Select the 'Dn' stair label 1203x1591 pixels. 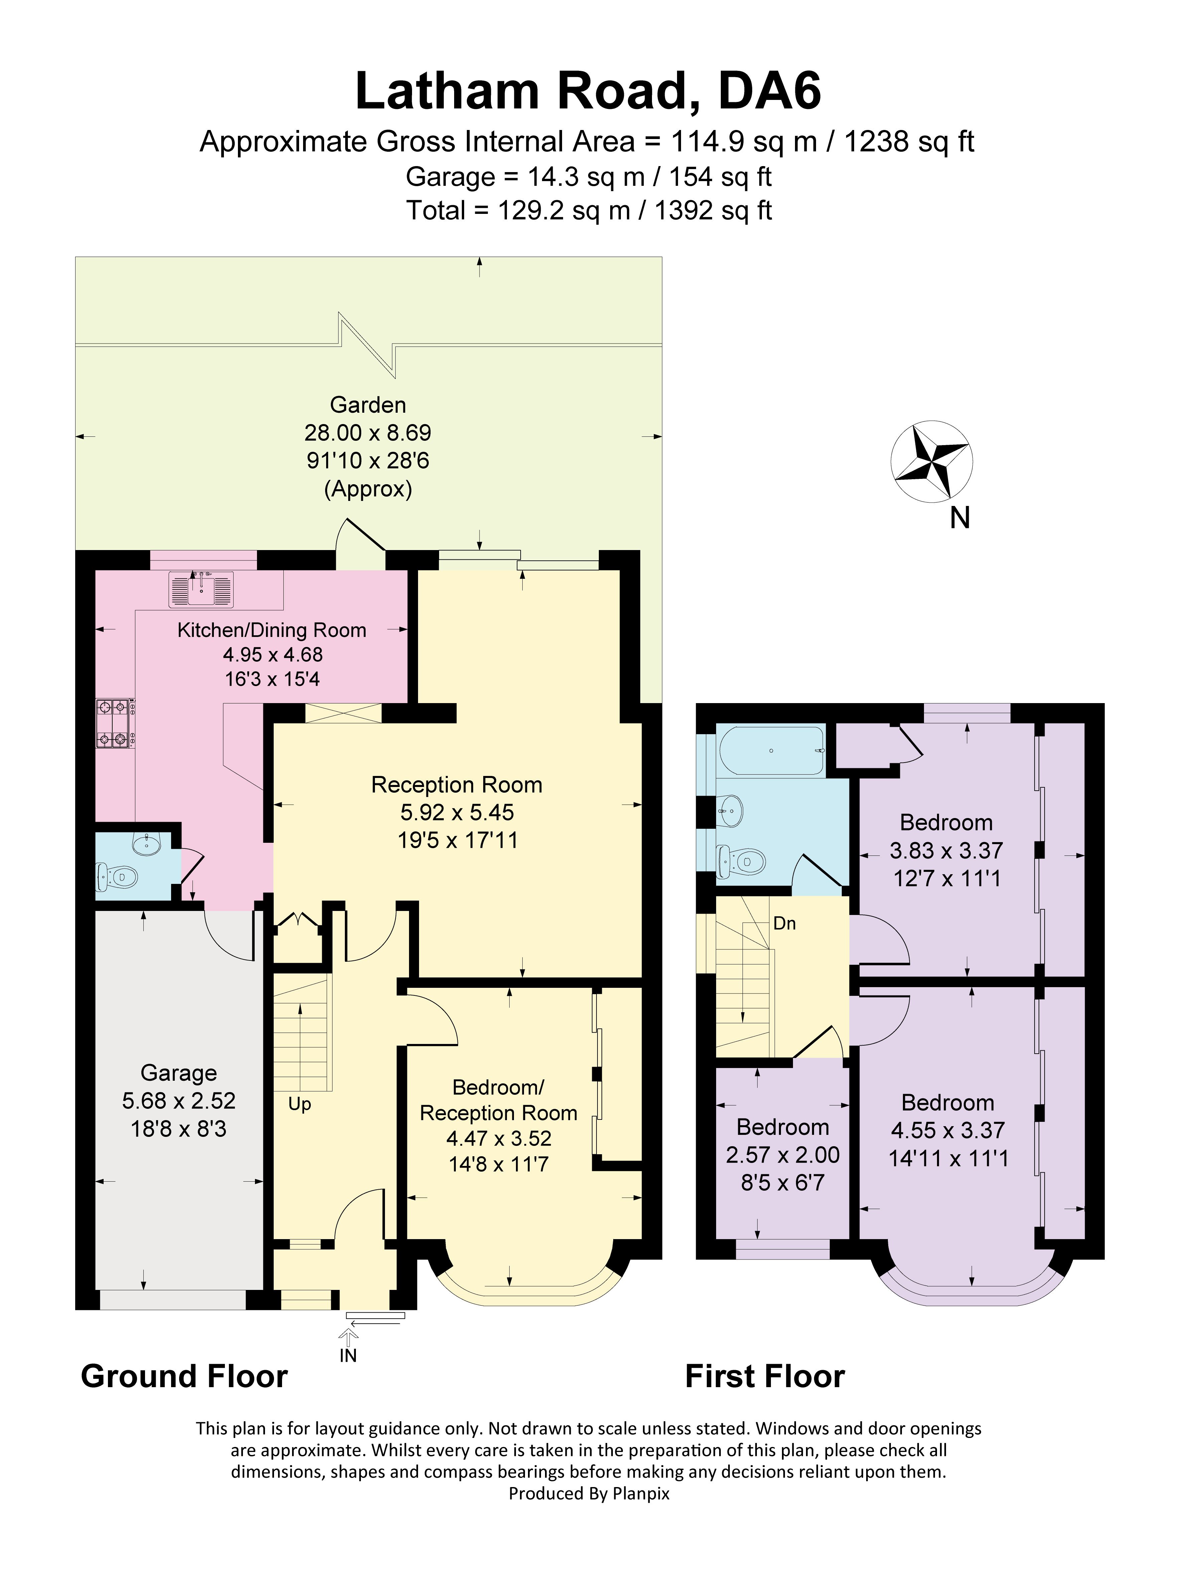point(785,924)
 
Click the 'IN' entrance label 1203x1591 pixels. point(348,1356)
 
